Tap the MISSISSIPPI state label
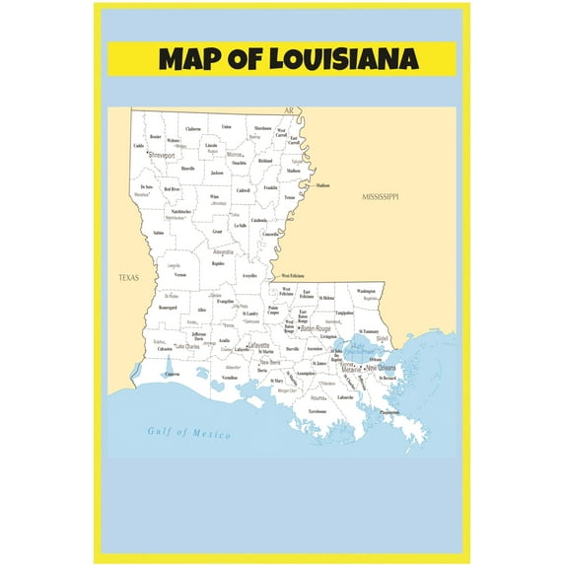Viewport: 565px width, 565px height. pyautogui.click(x=380, y=197)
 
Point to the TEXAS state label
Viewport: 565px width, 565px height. pyautogui.click(x=128, y=278)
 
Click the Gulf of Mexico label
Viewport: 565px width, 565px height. pyautogui.click(x=188, y=432)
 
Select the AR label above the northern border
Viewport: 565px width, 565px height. pyautogui.click(x=289, y=111)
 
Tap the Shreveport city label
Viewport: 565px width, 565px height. pyautogui.click(x=161, y=155)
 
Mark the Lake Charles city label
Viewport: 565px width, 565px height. pyautogui.click(x=187, y=346)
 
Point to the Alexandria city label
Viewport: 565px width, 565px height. pyautogui.click(x=223, y=251)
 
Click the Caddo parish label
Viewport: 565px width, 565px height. pyautogui.click(x=138, y=146)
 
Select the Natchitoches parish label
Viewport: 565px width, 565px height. pyautogui.click(x=180, y=211)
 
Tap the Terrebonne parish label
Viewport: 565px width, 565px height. pyautogui.click(x=316, y=410)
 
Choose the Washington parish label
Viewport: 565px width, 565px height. pyautogui.click(x=366, y=291)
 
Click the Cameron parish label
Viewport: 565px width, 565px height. pyautogui.click(x=173, y=375)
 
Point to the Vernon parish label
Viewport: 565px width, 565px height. pyautogui.click(x=179, y=274)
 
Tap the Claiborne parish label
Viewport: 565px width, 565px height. pyautogui.click(x=193, y=129)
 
